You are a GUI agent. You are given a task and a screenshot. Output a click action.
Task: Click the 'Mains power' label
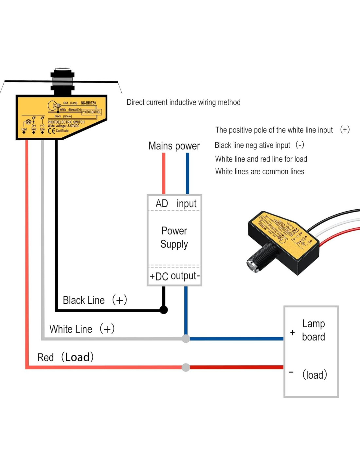[x=174, y=146]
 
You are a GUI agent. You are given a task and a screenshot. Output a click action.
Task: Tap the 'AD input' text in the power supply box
[x=176, y=203]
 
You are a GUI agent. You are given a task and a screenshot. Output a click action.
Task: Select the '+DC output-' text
[x=174, y=276]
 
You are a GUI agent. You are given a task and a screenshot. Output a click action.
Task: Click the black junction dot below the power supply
[x=164, y=310]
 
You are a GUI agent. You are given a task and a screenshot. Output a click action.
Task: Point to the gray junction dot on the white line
[x=186, y=339]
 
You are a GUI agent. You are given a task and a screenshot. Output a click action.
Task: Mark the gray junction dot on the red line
[x=186, y=367]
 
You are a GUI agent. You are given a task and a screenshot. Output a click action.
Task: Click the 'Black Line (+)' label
[x=95, y=300]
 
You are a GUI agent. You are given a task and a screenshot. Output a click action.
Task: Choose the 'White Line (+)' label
[x=82, y=329]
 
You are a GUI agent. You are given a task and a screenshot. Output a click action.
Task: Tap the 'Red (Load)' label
[x=65, y=357]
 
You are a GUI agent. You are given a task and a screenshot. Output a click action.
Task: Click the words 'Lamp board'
[x=313, y=330]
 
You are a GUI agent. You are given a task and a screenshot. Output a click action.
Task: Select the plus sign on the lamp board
[x=292, y=333]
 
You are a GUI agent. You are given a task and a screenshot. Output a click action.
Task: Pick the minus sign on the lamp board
[x=291, y=372]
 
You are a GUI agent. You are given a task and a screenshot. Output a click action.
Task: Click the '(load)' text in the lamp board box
[x=315, y=375]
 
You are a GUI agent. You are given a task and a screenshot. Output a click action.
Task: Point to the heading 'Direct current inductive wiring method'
[x=183, y=102]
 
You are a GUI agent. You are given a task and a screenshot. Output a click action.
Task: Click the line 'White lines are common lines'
[x=260, y=172]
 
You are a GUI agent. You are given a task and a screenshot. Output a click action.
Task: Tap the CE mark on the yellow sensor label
[x=51, y=131]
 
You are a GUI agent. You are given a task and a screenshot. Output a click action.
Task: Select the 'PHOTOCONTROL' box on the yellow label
[x=91, y=112]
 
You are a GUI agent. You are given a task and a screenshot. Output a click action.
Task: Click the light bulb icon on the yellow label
[x=53, y=105]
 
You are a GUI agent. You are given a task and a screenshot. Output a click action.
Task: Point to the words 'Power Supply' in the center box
[x=174, y=237]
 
